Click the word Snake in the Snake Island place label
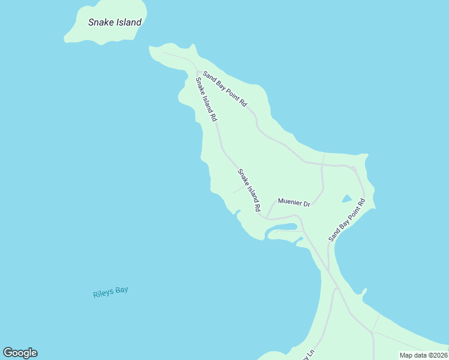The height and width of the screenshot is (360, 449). point(100,23)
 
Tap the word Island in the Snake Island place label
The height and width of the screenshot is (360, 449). point(127,23)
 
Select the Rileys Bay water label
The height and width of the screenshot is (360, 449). point(110,293)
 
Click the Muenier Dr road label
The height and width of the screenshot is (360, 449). point(293,203)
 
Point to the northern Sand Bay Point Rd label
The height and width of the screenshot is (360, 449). point(225,89)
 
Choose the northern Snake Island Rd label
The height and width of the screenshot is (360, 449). point(205,100)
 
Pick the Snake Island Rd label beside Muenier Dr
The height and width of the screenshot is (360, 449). point(249,190)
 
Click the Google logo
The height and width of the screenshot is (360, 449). point(20,353)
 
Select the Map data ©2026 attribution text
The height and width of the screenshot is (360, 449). point(423,355)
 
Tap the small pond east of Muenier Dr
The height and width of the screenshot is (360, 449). point(346,199)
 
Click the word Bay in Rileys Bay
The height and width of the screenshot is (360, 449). point(121,291)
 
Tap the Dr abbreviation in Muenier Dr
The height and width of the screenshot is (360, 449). point(306,204)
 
